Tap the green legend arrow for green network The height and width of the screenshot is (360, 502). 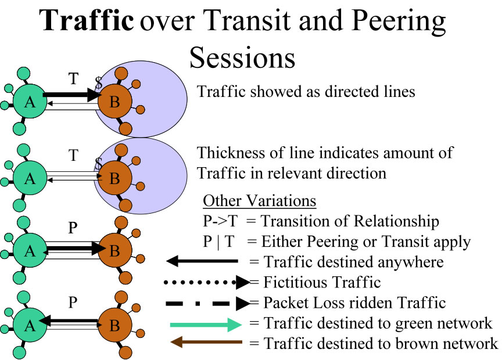click(206, 323)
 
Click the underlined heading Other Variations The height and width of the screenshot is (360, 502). click(259, 201)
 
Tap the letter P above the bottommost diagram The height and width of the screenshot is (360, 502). click(73, 304)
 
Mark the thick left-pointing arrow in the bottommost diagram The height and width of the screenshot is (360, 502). click(70, 320)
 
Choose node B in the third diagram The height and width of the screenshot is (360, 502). click(114, 251)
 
